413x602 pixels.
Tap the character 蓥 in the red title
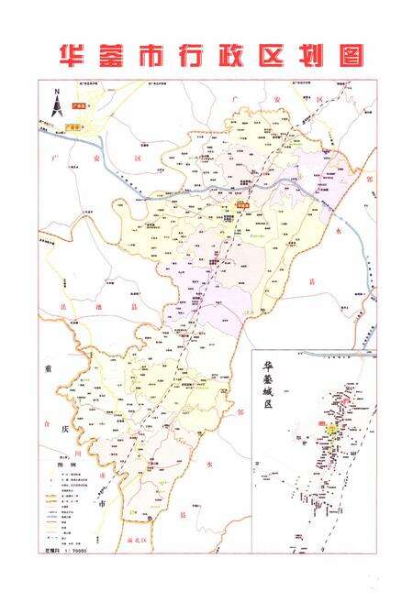114,51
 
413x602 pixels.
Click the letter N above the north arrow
56,92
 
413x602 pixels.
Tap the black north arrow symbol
56,108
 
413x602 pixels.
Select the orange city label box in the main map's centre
241,206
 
